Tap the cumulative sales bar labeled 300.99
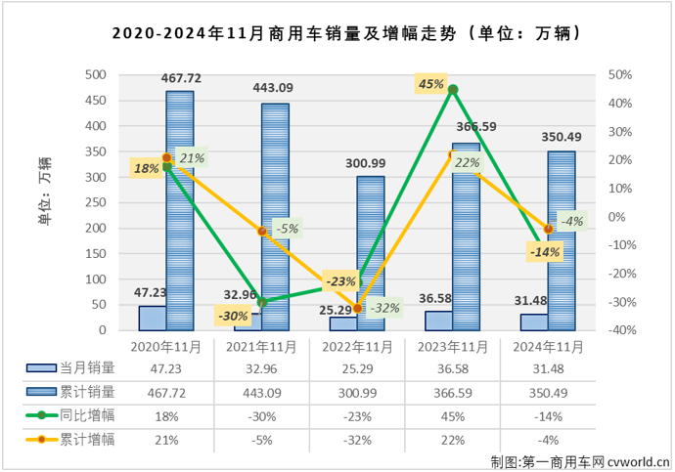click(x=370, y=254)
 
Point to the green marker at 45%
click(x=453, y=89)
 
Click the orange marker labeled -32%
click(x=357, y=308)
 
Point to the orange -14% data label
click(x=543, y=252)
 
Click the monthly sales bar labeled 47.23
click(x=153, y=320)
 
